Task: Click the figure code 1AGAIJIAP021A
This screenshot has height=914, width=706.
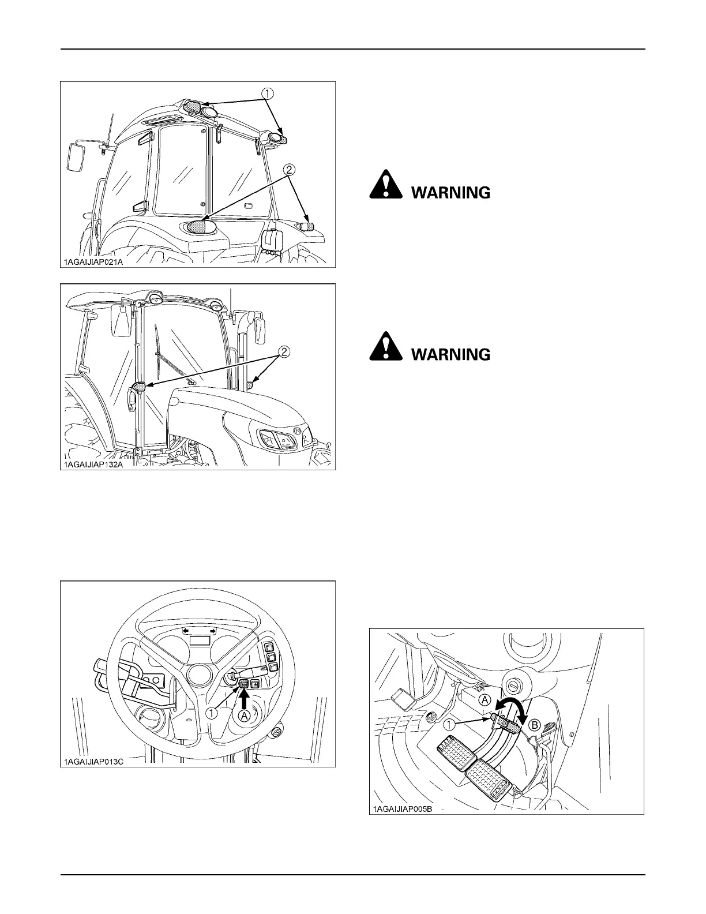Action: [x=94, y=261]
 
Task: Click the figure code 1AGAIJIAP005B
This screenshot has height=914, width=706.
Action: [x=401, y=809]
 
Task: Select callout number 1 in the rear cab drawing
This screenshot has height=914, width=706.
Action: [x=269, y=92]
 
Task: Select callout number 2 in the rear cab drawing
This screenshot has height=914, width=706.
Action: [x=289, y=169]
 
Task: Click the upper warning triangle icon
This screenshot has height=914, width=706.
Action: [x=386, y=186]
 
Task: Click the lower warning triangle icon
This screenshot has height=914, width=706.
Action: [x=386, y=348]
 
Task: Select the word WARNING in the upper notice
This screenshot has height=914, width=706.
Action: [x=450, y=193]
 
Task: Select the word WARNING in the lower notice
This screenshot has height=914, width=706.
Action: [x=450, y=354]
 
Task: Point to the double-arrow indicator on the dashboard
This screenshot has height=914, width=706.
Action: [x=199, y=632]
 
